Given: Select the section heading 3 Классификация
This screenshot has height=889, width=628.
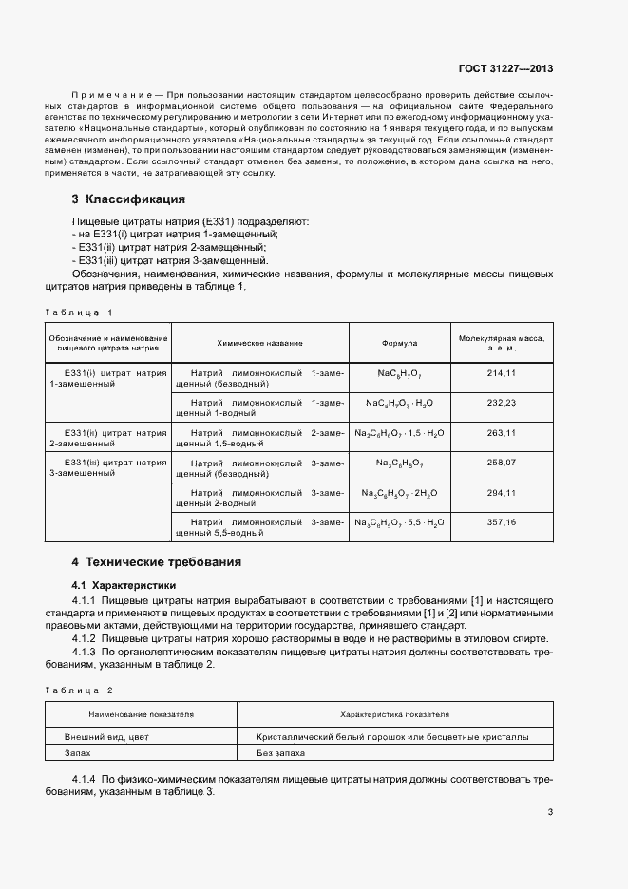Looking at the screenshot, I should tap(128, 199).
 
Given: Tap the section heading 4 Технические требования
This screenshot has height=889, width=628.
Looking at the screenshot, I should tap(156, 562).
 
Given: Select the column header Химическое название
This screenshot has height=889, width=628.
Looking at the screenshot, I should tap(259, 343).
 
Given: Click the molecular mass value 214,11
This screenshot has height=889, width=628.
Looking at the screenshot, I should tap(500, 373).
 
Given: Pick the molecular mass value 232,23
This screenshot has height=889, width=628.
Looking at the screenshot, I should tap(500, 403).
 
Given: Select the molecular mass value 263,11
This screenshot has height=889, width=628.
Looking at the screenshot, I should tap(500, 433).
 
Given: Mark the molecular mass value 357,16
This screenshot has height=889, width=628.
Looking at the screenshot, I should tap(500, 522).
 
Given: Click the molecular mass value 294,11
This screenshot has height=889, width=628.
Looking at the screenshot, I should tap(500, 493).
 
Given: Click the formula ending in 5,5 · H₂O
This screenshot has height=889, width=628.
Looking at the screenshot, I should tap(399, 523).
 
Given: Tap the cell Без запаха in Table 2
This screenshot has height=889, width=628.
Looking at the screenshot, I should tap(280, 753).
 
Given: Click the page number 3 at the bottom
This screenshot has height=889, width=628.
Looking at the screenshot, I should tap(551, 811).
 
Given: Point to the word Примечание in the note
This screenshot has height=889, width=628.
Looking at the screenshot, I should tap(111, 96).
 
